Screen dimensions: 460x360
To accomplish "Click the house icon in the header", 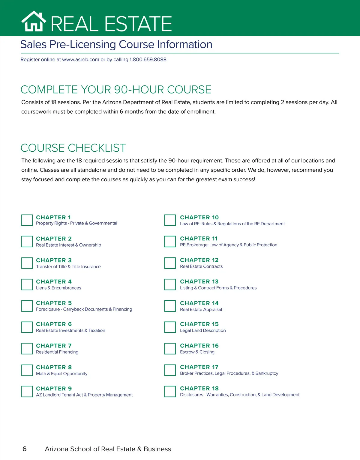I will coord(34,21).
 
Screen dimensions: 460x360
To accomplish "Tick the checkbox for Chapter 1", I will coord(27,220).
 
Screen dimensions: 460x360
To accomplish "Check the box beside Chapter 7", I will coord(27,349).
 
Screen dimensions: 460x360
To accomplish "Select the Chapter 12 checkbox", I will coord(170,263).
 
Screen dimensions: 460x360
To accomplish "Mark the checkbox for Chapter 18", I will coord(170,391).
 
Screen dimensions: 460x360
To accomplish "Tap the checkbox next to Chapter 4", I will coord(27,284).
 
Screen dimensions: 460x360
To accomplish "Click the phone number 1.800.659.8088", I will coord(148,59).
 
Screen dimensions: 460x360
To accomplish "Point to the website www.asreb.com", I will coord(80,59).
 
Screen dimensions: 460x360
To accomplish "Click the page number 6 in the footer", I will coord(25,449).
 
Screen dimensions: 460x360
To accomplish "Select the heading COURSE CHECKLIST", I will coord(73,148).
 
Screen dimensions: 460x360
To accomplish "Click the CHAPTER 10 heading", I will coord(199,217).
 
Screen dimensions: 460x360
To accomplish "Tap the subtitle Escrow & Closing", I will coord(197,352).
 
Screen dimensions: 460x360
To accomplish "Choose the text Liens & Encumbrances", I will coord(58,288).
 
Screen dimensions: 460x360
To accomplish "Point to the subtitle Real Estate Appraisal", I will coord(201,309).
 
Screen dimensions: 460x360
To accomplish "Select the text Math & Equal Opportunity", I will coord(61,373).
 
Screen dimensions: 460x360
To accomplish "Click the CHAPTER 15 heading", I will coord(199,324).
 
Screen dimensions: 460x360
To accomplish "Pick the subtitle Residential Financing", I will coord(57,352).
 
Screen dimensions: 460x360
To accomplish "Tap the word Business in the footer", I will coord(157,449).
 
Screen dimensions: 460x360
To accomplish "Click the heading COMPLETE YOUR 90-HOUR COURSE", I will coord(116,90).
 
